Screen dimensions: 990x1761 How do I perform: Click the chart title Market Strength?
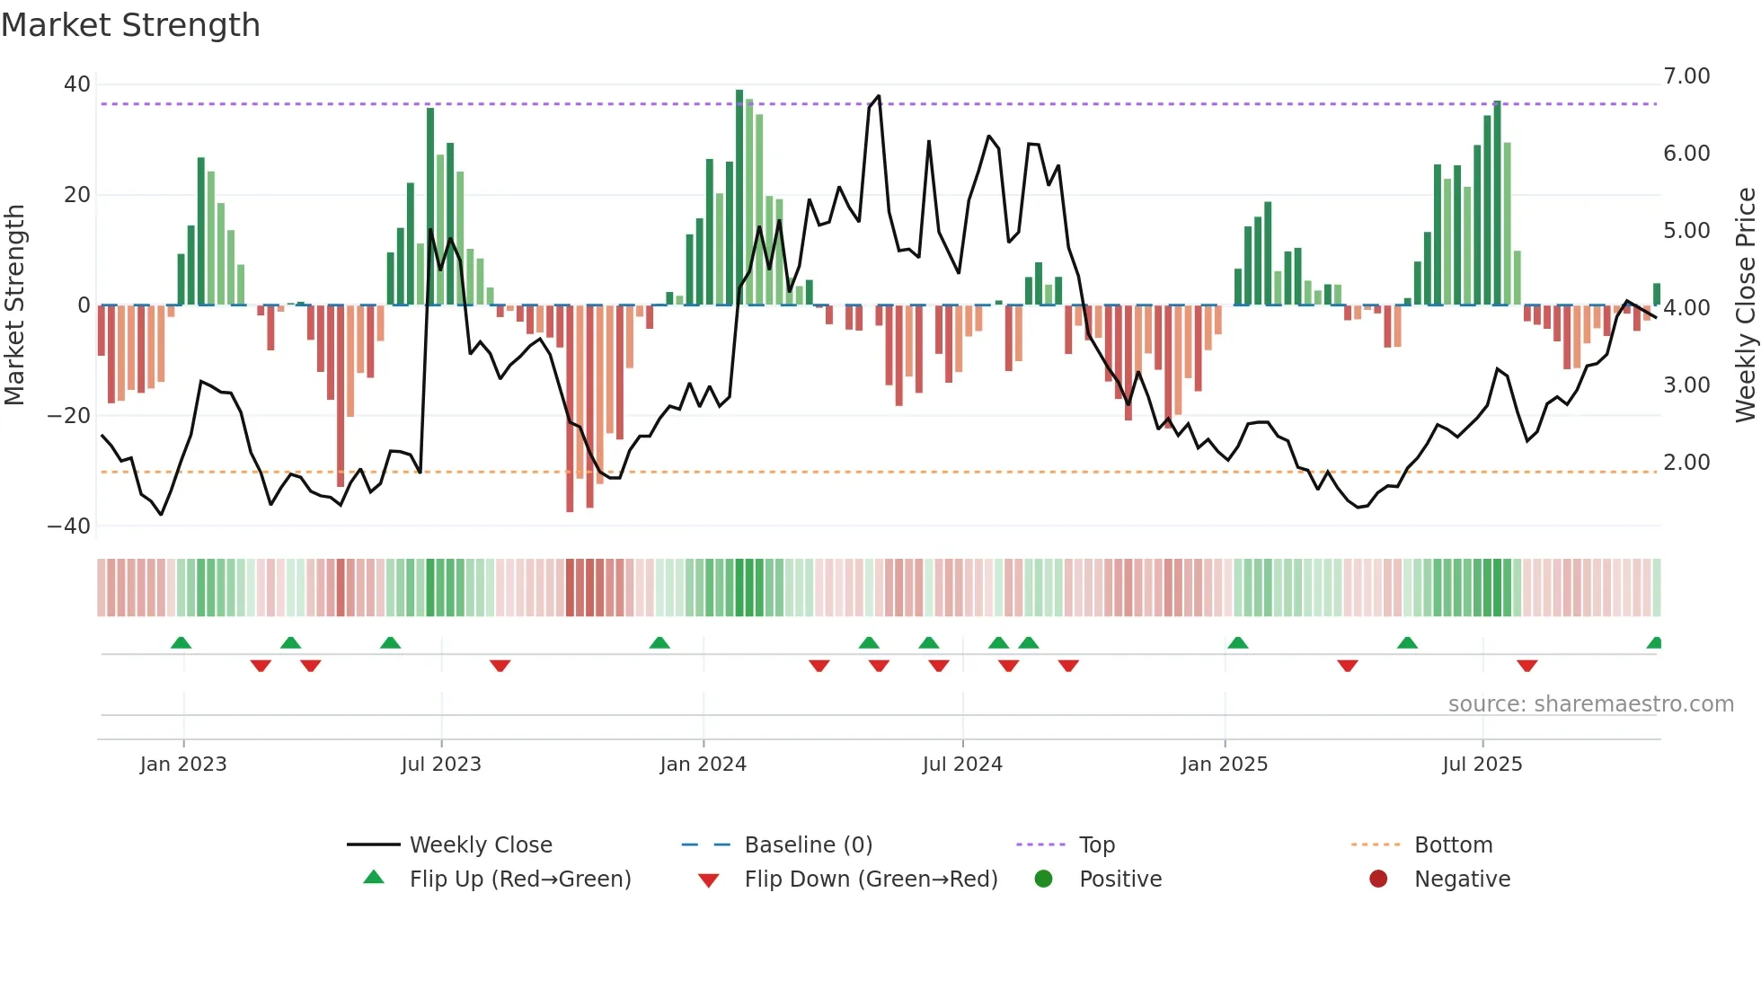coord(130,25)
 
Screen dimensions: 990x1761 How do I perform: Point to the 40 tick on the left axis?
coord(77,84)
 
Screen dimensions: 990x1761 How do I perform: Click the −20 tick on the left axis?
coord(69,416)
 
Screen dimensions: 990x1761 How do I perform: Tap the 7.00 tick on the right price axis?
coord(1686,76)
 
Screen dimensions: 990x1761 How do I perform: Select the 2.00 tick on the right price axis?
coord(1686,463)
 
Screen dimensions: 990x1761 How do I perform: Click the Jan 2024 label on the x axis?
coord(703,765)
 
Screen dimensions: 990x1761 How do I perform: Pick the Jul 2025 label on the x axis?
coord(1482,765)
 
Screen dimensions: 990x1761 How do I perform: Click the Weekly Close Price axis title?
coord(1745,305)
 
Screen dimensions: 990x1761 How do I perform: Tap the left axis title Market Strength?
coord(14,305)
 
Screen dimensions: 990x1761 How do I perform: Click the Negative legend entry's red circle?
coord(1378,880)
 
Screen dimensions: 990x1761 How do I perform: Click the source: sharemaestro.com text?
coord(1590,704)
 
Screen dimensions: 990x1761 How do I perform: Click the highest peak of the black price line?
coord(878,96)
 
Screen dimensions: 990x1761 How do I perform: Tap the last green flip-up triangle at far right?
coord(1655,643)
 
